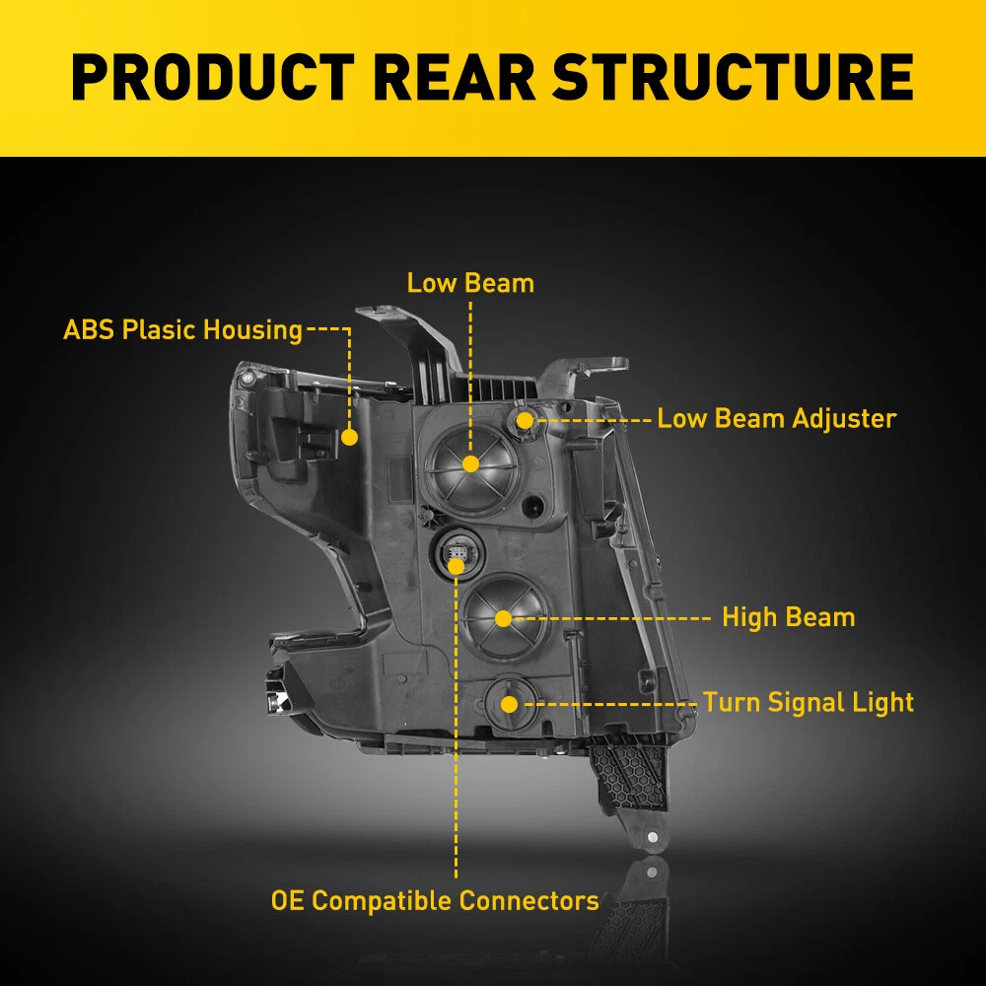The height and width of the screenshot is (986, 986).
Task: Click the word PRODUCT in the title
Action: pyautogui.click(x=212, y=77)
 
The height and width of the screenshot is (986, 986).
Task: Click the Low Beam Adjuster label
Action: pyautogui.click(x=777, y=418)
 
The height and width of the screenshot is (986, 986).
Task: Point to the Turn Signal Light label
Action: pyautogui.click(x=809, y=702)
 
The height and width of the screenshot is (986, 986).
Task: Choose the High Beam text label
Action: pyautogui.click(x=788, y=618)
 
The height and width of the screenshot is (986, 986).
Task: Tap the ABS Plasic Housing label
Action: pyautogui.click(x=182, y=329)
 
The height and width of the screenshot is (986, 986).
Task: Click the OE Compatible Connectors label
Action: pyautogui.click(x=435, y=900)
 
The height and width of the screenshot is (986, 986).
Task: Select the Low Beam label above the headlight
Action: pyautogui.click(x=470, y=283)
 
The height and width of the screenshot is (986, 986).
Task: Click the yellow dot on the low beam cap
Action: pyautogui.click(x=470, y=463)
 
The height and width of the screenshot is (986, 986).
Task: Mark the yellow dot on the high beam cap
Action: pyautogui.click(x=503, y=618)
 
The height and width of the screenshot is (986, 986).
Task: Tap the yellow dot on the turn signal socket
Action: pyautogui.click(x=509, y=703)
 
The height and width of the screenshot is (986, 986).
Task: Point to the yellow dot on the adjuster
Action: pyautogui.click(x=525, y=420)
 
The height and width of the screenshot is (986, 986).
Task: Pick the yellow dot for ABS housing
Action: pyautogui.click(x=349, y=436)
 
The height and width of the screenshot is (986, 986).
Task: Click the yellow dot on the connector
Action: pyautogui.click(x=456, y=565)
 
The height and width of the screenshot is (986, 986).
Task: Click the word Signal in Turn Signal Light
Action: pyautogui.click(x=806, y=702)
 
